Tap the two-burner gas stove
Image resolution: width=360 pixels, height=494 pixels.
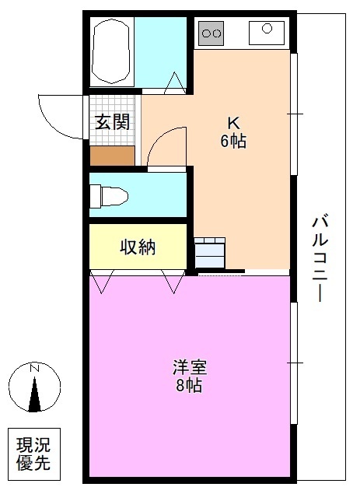[211, 32]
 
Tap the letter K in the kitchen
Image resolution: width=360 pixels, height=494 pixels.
[232, 122]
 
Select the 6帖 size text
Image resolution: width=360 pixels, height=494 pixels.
[232, 142]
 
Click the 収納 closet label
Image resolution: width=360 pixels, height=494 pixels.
[138, 247]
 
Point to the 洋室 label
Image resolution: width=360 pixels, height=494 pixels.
[189, 366]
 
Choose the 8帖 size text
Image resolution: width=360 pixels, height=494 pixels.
[189, 387]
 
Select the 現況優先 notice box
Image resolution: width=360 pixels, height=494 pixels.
[33, 455]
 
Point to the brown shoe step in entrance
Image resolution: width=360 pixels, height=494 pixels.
[112, 155]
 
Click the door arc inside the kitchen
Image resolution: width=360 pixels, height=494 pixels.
[166, 145]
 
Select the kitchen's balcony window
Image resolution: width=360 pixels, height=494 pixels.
[294, 114]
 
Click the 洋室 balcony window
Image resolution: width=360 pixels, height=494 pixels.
[294, 363]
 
